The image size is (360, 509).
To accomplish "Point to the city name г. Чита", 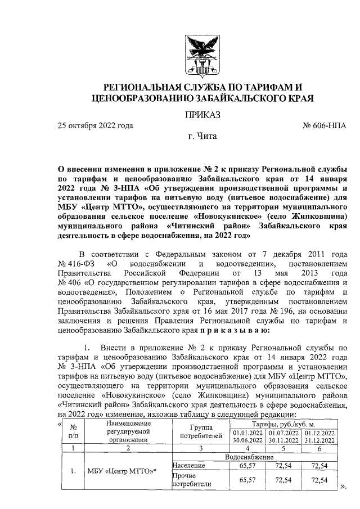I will [x=201, y=136].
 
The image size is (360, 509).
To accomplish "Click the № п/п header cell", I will [x=73, y=431].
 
